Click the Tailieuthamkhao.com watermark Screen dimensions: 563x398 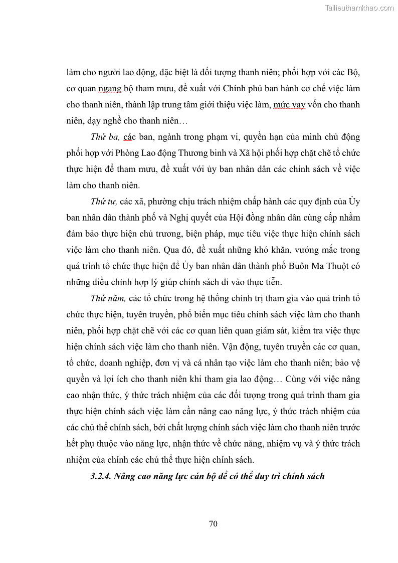click(359, 8)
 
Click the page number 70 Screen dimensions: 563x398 click(213, 524)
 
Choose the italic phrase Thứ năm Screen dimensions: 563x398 click(107, 298)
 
